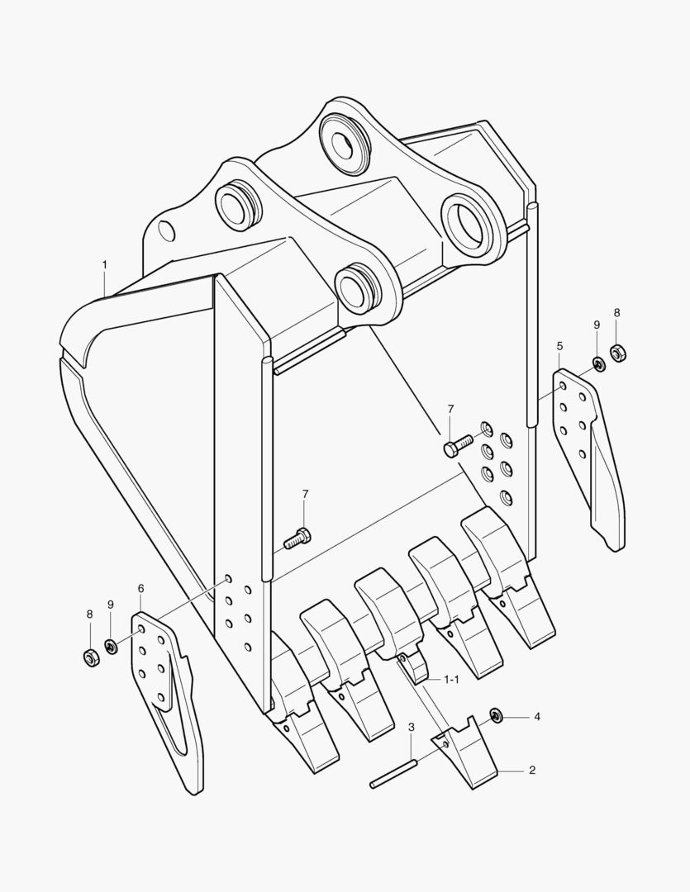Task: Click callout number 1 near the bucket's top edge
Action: (105, 264)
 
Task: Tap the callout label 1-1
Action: (451, 679)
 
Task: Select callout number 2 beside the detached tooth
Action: (531, 771)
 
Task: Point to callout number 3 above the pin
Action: (411, 727)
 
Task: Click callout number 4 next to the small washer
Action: (537, 717)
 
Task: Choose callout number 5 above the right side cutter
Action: (559, 346)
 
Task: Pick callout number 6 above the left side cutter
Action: (140, 588)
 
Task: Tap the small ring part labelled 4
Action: (496, 715)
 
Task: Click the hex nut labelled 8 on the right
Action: (618, 353)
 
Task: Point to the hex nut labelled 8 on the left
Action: (91, 657)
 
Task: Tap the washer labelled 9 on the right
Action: (598, 363)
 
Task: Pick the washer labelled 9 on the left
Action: (111, 646)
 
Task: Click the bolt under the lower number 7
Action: (297, 538)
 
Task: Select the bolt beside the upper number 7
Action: (459, 444)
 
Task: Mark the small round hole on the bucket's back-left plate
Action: (166, 230)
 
